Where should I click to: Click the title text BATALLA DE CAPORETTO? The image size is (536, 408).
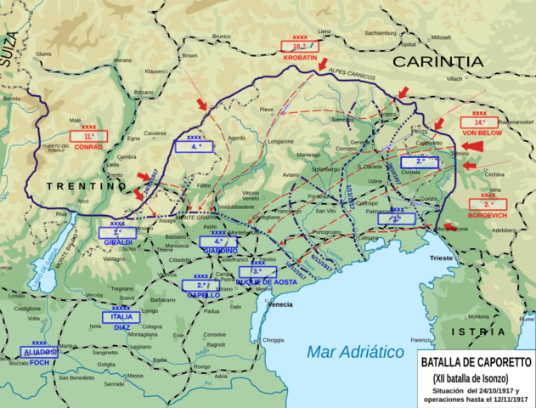click(476, 360)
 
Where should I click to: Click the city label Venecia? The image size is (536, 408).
click(279, 304)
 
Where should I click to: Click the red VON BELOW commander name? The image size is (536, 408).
click(481, 133)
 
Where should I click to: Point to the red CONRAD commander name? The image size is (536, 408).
click(89, 146)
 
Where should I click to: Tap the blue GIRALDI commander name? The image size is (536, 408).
click(117, 242)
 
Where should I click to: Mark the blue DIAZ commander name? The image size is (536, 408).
click(122, 327)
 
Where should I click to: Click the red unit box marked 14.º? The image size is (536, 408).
click(480, 122)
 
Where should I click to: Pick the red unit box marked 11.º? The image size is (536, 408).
click(89, 135)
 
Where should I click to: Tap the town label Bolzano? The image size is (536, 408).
click(144, 92)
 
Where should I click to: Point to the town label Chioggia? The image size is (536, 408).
click(274, 340)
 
